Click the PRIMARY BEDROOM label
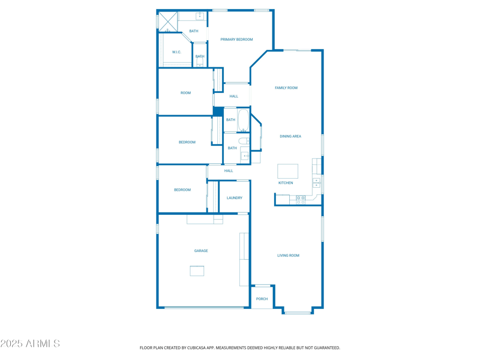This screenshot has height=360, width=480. click(x=236, y=40)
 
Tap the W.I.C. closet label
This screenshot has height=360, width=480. click(x=176, y=52)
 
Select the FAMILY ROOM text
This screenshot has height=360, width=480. click(x=286, y=88)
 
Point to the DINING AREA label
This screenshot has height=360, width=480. click(x=290, y=136)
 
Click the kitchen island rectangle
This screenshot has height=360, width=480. click(x=287, y=171)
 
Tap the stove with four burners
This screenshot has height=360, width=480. click(x=301, y=200)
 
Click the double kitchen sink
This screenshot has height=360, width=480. click(x=316, y=182)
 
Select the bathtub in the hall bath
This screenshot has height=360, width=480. click(x=243, y=120)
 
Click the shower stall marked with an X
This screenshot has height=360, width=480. click(x=167, y=22)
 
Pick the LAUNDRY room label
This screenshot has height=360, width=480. click(x=235, y=198)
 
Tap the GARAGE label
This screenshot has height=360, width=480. click(x=201, y=251)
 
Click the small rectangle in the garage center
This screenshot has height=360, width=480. click(x=197, y=271)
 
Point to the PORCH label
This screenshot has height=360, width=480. click(x=262, y=299)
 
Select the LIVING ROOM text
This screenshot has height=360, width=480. click(x=288, y=256)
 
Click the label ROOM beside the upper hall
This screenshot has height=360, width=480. click(x=186, y=93)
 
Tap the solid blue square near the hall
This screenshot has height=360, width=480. click(x=218, y=112)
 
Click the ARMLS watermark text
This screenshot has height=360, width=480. click(x=30, y=344)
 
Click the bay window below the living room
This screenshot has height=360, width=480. click(x=298, y=312)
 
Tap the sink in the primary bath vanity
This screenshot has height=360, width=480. click(x=200, y=16)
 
